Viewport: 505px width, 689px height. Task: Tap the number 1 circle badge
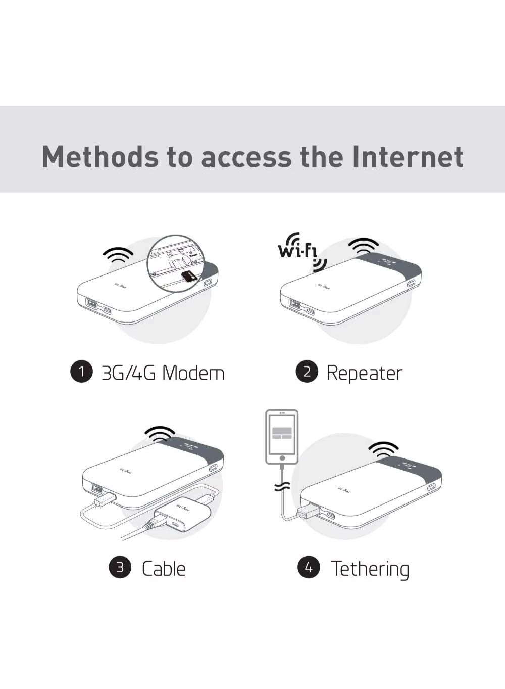(81, 372)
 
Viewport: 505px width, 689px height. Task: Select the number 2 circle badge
(307, 372)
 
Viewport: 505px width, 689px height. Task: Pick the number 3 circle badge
(120, 567)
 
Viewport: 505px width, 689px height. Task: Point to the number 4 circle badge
(309, 567)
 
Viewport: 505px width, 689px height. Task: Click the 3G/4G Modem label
(163, 373)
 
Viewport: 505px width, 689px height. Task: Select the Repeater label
(364, 373)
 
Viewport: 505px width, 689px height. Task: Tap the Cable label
(164, 569)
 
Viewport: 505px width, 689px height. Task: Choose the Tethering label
(370, 569)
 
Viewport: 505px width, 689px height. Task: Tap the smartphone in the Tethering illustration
(282, 437)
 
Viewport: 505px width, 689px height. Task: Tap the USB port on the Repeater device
(295, 304)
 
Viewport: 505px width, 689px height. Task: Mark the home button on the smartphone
(282, 458)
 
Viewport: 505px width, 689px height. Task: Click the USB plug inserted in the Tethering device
(308, 512)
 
